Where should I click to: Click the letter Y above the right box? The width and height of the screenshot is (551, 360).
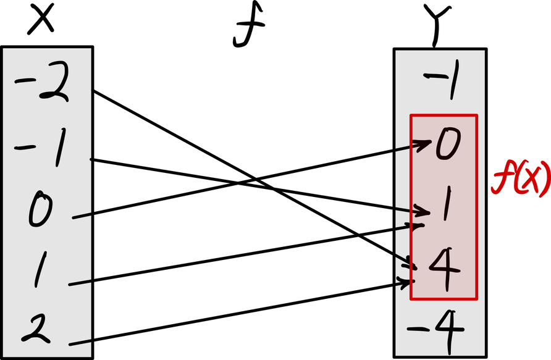click(x=436, y=25)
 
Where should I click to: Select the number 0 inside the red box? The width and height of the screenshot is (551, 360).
click(x=446, y=146)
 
